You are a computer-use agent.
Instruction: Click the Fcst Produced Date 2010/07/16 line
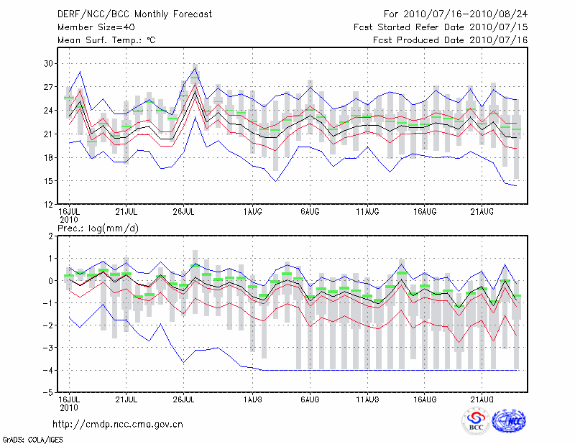tap(451, 40)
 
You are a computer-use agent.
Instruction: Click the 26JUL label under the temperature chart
tap(185, 212)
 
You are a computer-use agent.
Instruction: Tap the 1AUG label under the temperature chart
tap(253, 212)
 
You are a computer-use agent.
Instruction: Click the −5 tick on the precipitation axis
tap(49, 393)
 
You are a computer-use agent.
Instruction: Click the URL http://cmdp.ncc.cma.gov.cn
tap(118, 424)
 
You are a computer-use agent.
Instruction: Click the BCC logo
tap(476, 421)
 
